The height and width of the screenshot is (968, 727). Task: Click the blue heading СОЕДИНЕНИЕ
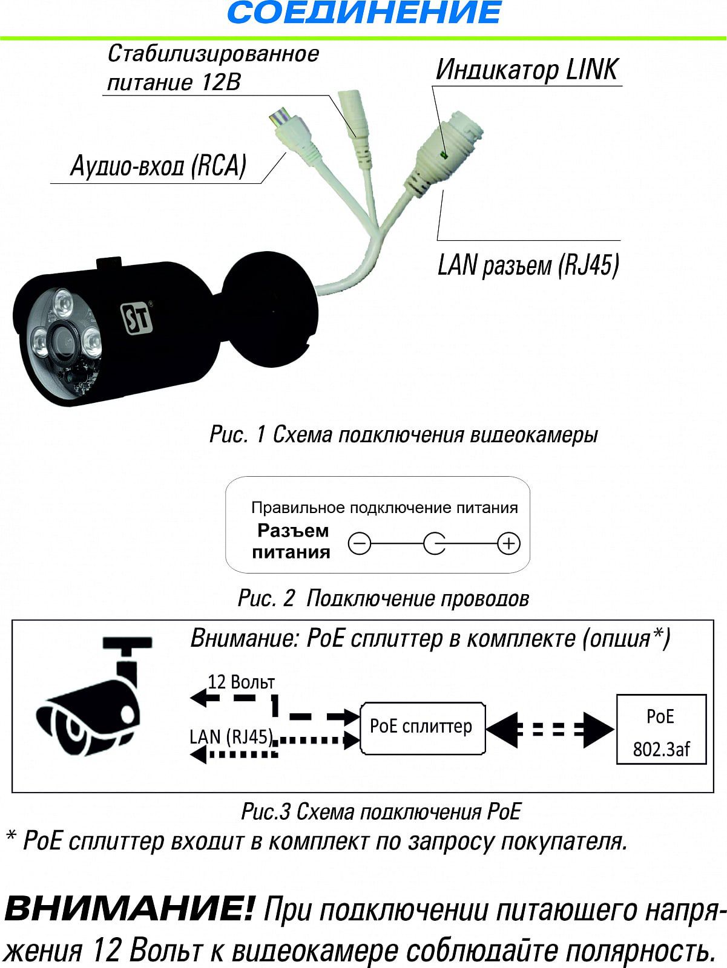click(364, 13)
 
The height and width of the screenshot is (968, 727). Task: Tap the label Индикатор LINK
click(527, 70)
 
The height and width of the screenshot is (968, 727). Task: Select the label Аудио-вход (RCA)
click(159, 165)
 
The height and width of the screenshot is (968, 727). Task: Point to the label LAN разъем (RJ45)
click(528, 265)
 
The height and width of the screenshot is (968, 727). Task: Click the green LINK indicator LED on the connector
click(444, 155)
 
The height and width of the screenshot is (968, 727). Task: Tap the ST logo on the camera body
click(136, 316)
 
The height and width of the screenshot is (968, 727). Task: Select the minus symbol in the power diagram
click(360, 544)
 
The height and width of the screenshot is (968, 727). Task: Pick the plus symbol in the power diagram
click(508, 544)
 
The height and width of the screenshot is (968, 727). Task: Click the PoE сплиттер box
click(422, 727)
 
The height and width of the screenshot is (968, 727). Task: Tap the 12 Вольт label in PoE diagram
click(241, 682)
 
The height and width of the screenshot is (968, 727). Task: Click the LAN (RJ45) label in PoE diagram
click(231, 736)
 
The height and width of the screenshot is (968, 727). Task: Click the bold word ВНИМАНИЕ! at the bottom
click(129, 909)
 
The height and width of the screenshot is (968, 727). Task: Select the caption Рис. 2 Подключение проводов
click(383, 598)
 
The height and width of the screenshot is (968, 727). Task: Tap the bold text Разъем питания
click(292, 541)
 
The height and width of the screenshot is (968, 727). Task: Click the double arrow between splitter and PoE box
click(550, 728)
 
